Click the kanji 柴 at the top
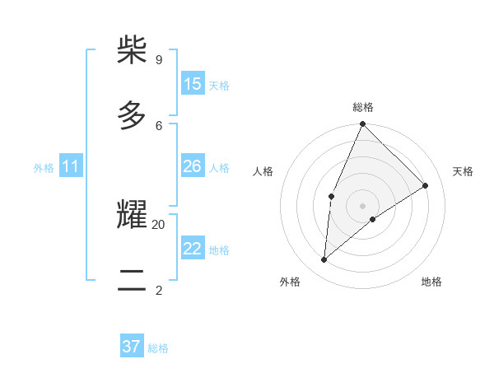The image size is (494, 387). click(x=132, y=50)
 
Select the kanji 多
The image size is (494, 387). click(x=132, y=114)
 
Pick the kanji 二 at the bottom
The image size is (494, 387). click(x=132, y=280)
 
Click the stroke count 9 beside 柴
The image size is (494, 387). click(x=158, y=59)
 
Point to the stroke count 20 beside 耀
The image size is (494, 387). click(x=159, y=224)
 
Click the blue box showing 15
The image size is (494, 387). click(x=193, y=84)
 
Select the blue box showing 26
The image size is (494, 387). click(x=193, y=166)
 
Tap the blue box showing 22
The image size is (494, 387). click(x=193, y=249)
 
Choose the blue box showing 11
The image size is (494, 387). click(x=71, y=167)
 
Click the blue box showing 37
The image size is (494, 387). click(x=131, y=347)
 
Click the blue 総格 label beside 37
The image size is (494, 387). click(x=158, y=348)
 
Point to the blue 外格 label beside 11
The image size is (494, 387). click(x=44, y=168)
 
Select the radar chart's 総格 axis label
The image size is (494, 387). click(x=363, y=107)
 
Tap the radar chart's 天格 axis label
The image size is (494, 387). click(x=464, y=171)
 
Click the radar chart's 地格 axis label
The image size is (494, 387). click(x=431, y=282)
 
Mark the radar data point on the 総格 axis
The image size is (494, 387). click(x=362, y=124)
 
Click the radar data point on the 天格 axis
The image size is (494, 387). click(x=426, y=185)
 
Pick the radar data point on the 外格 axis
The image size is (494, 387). click(x=324, y=259)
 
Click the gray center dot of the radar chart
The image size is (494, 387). click(x=362, y=205)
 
